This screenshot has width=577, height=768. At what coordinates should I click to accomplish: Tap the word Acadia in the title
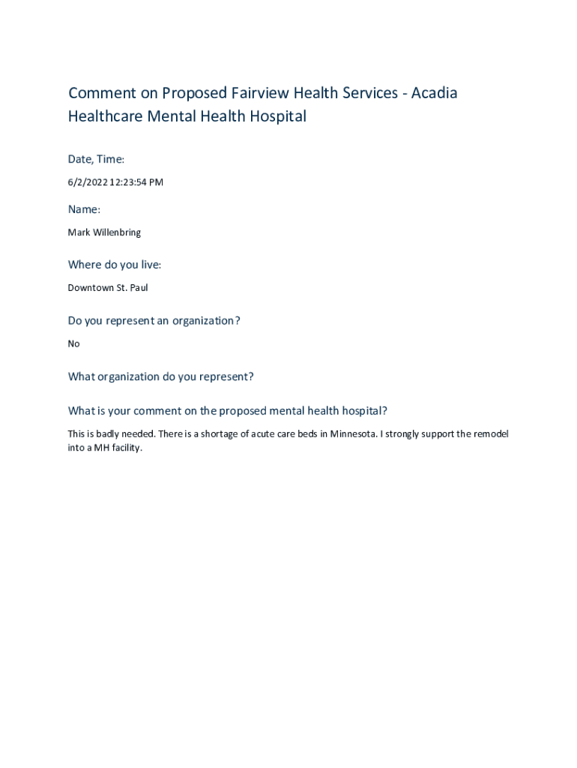[434, 93]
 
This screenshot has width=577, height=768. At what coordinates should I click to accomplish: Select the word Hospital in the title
[279, 116]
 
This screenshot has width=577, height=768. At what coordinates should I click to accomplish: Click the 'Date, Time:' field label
[96, 159]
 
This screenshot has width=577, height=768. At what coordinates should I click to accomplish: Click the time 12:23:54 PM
[136, 182]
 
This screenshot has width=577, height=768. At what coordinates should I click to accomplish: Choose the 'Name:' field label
[84, 209]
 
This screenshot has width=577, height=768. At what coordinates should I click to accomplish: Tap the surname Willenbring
[117, 232]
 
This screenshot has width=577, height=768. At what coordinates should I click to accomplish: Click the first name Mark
[79, 232]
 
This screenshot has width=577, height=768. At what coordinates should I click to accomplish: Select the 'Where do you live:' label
[115, 265]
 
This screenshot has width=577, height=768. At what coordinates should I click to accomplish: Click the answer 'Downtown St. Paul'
[108, 288]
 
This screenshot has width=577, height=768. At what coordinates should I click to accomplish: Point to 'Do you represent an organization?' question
[154, 321]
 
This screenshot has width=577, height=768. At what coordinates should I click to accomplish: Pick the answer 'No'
[73, 343]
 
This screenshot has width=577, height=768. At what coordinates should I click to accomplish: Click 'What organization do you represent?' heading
[160, 376]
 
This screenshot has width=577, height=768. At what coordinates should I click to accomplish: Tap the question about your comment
[227, 411]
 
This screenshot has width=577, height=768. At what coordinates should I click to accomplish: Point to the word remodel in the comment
[492, 434]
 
